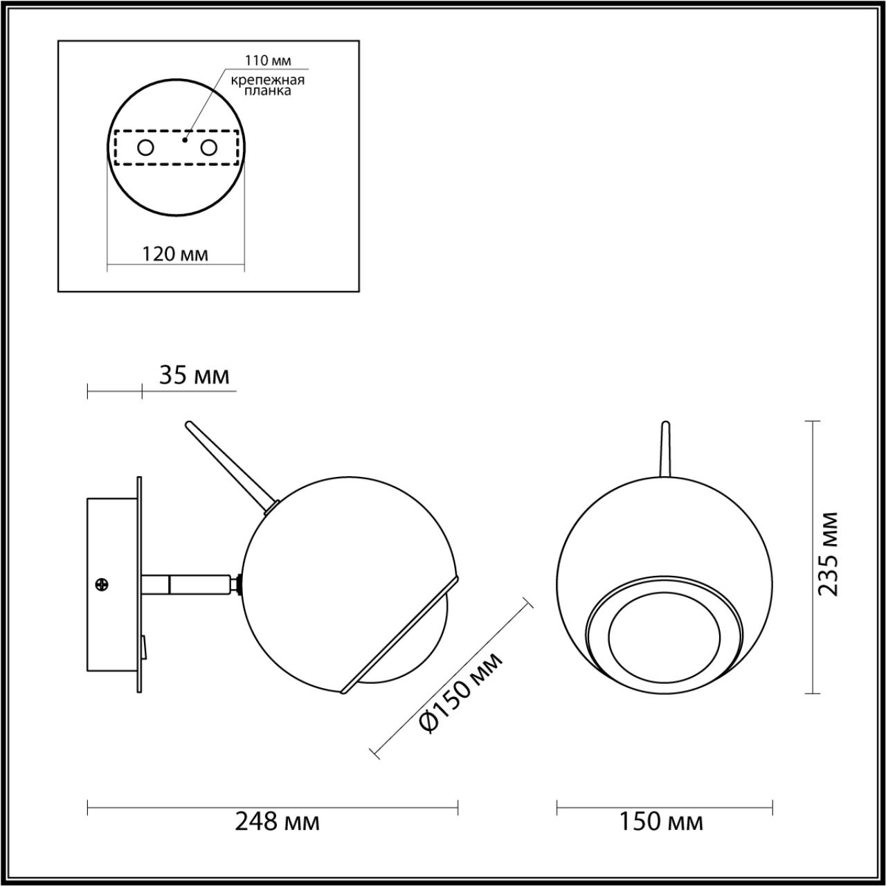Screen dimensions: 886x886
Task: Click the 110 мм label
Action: pyautogui.click(x=268, y=61)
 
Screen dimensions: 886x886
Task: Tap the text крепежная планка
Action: pyautogui.click(x=268, y=85)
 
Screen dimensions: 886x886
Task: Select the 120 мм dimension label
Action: pyautogui.click(x=175, y=254)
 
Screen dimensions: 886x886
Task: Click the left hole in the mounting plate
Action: pyautogui.click(x=145, y=147)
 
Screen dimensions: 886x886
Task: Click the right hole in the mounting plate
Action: pyautogui.click(x=208, y=147)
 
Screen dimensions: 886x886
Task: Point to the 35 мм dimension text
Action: pyautogui.click(x=194, y=376)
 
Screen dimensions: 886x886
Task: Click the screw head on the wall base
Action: pyautogui.click(x=102, y=584)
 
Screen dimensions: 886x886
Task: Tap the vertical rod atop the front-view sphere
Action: pyautogui.click(x=665, y=450)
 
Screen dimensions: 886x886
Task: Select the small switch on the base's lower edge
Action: pyautogui.click(x=143, y=647)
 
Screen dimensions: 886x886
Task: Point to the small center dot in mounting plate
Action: pyautogui.click(x=184, y=140)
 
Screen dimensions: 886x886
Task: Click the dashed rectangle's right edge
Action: pyautogui.click(x=239, y=147)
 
